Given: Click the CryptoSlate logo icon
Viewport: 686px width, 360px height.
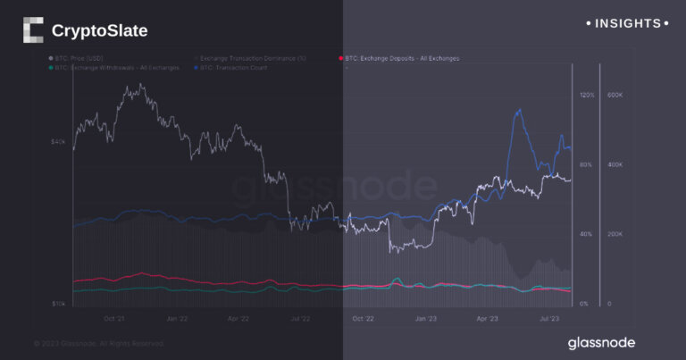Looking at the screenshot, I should pyautogui.click(x=32, y=30).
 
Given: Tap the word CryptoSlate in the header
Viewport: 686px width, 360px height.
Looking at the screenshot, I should pyautogui.click(x=99, y=31).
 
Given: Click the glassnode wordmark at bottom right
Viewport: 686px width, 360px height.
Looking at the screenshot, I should pyautogui.click(x=602, y=342).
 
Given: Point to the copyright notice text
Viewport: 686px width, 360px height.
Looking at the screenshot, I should pyautogui.click(x=98, y=342).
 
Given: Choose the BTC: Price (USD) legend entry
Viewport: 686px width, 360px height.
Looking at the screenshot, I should pyautogui.click(x=77, y=58).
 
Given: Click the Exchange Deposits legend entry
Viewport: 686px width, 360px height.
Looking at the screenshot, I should pyautogui.click(x=401, y=58).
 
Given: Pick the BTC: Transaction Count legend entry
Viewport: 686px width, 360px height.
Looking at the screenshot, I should pyautogui.click(x=234, y=67).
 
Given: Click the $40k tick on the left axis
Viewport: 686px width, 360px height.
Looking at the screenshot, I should pyautogui.click(x=60, y=142).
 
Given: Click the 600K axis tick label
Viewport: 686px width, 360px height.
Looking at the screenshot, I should pyautogui.click(x=615, y=95).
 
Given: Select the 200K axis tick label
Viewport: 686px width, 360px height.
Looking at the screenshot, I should pyautogui.click(x=615, y=234).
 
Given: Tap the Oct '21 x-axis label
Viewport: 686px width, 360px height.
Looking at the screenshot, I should pyautogui.click(x=114, y=317).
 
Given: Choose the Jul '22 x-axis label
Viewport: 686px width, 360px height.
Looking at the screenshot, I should pyautogui.click(x=300, y=317).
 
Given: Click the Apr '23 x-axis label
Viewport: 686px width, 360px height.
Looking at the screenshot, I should pyautogui.click(x=486, y=317).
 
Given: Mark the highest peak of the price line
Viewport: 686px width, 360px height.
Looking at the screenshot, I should pyautogui.click(x=141, y=86).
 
